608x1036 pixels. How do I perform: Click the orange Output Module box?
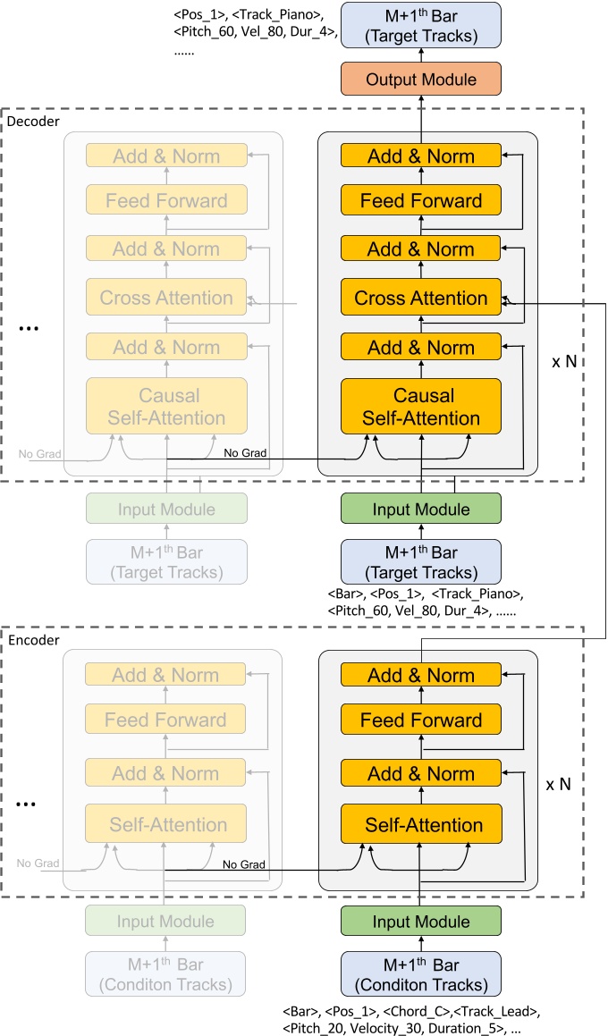click(x=421, y=80)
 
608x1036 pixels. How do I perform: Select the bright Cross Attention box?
click(x=421, y=298)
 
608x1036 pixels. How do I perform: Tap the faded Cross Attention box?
click(x=167, y=298)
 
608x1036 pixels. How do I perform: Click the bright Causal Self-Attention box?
click(x=421, y=407)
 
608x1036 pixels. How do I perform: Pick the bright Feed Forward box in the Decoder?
click(x=421, y=201)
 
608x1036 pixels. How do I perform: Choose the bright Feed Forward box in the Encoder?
click(x=421, y=720)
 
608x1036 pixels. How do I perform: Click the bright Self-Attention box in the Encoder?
click(x=421, y=825)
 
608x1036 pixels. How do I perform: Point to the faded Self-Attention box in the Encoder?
click(x=167, y=825)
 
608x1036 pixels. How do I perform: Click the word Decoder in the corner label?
click(x=33, y=121)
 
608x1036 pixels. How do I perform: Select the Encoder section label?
click(x=33, y=640)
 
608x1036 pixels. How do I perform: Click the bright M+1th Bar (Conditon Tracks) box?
click(x=421, y=974)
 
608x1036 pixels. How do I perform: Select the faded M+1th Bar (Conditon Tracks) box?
click(x=167, y=974)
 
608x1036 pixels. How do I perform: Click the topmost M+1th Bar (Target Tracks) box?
click(x=421, y=24)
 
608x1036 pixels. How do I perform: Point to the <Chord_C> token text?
click(x=418, y=1011)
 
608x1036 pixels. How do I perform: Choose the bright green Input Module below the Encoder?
click(x=421, y=922)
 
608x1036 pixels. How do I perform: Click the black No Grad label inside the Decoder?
click(x=245, y=453)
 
